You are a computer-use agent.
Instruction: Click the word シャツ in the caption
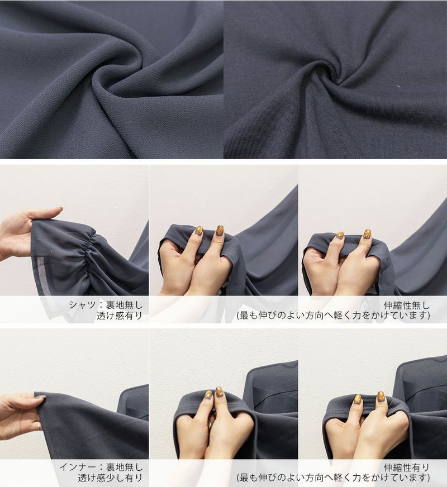click(x=82, y=305)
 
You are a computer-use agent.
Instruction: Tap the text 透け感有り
click(x=119, y=316)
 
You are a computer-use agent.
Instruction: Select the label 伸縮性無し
click(x=407, y=305)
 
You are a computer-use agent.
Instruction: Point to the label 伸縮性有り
click(x=407, y=467)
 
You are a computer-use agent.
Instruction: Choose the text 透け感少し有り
click(x=110, y=478)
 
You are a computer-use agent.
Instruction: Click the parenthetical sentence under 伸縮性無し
click(x=334, y=316)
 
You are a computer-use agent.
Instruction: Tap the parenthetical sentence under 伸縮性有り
click(x=334, y=478)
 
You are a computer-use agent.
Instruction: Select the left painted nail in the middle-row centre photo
click(x=199, y=231)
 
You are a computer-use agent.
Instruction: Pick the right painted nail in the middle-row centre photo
click(x=220, y=230)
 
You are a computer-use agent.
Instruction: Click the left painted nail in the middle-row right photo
click(x=340, y=235)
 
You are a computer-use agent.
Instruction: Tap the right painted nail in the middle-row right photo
click(x=368, y=234)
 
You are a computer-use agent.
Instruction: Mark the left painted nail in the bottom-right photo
click(x=358, y=399)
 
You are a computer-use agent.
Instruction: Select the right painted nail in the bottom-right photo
click(x=381, y=397)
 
